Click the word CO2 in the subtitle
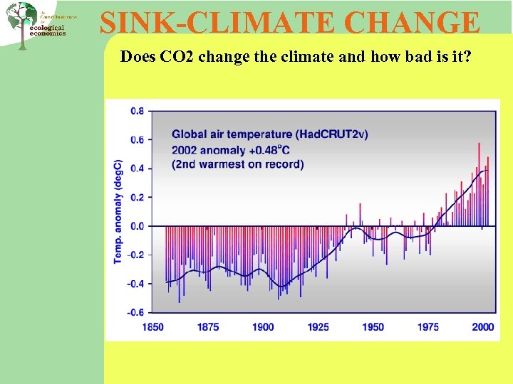tap(177, 57)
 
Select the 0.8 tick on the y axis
tap(137, 111)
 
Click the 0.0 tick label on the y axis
tap(137, 226)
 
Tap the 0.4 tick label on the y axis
tap(137, 169)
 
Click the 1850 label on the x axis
tap(152, 327)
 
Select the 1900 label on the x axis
tap(263, 327)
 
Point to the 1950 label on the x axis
tap(373, 327)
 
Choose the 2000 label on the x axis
tap(482, 327)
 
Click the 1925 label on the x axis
tap(318, 327)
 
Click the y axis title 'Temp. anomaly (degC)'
tap(118, 211)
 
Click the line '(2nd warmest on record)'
tap(237, 164)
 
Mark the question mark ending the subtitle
tap(468, 57)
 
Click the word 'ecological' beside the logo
tap(48, 28)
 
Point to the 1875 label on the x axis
tap(208, 327)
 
